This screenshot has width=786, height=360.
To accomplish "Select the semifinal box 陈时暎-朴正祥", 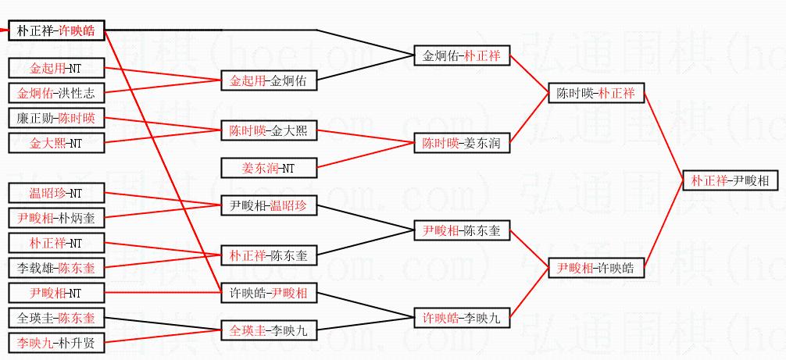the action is click(595, 93).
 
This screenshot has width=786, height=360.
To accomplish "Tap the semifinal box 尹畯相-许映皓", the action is click(595, 268).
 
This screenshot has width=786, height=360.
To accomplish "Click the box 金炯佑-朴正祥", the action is click(461, 56).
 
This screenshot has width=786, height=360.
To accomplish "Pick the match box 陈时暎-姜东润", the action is click(461, 143).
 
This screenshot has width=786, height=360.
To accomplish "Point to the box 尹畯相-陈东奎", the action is click(461, 230).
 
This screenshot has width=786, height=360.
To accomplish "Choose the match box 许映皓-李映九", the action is click(461, 318).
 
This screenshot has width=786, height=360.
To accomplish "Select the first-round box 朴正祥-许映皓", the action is click(55, 32).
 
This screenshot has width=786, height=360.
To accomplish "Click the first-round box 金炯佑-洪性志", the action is click(55, 93).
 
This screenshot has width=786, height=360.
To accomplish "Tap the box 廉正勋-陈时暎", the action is click(55, 119).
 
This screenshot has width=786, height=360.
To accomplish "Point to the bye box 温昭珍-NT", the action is click(55, 193).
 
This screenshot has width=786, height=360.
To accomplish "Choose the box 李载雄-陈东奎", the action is click(55, 267).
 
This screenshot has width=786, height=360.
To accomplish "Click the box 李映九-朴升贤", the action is click(55, 342).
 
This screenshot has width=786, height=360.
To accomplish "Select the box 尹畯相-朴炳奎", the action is click(55, 218).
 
